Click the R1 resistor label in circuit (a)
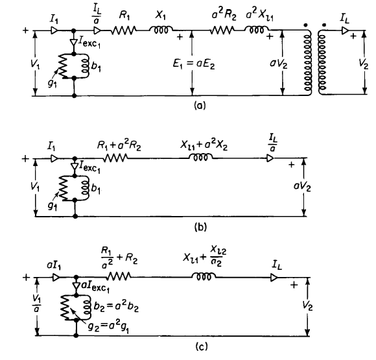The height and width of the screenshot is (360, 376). click(124, 16)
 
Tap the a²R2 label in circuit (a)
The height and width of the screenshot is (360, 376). click(224, 15)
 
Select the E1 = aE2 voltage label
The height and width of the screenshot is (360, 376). click(194, 64)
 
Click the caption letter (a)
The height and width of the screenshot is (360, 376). click(200, 105)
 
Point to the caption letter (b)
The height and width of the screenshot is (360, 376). click(200, 227)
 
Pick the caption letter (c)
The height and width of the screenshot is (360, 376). click(202, 346)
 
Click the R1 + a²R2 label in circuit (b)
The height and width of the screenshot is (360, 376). click(119, 146)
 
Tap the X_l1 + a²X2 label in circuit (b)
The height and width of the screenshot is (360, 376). click(204, 146)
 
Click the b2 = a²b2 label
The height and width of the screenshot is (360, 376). click(116, 307)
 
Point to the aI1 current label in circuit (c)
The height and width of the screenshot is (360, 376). click(54, 266)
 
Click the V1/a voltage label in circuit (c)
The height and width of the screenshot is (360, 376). click(36, 303)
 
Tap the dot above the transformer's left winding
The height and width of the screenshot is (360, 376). click(305, 25)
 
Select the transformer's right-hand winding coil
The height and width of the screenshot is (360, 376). click(323, 62)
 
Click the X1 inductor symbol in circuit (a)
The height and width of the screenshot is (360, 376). click(161, 30)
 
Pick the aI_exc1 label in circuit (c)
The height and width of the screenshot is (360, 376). click(95, 287)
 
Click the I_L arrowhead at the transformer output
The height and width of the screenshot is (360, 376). click(346, 30)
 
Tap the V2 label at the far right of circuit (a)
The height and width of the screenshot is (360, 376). click(363, 64)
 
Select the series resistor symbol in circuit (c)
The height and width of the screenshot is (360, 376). click(119, 276)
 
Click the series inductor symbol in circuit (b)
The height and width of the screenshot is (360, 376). click(201, 158)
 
